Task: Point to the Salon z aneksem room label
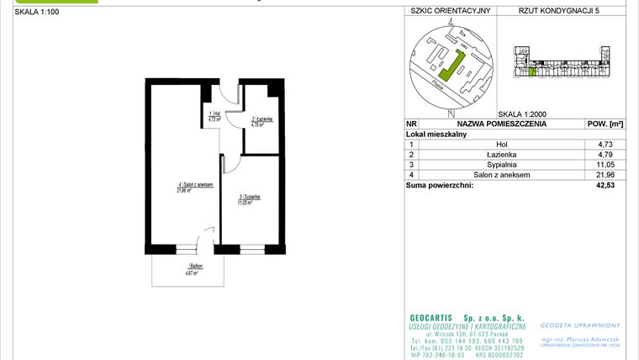(x=194, y=187)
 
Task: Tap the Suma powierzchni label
(x=440, y=185)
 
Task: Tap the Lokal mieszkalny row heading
(x=437, y=134)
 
